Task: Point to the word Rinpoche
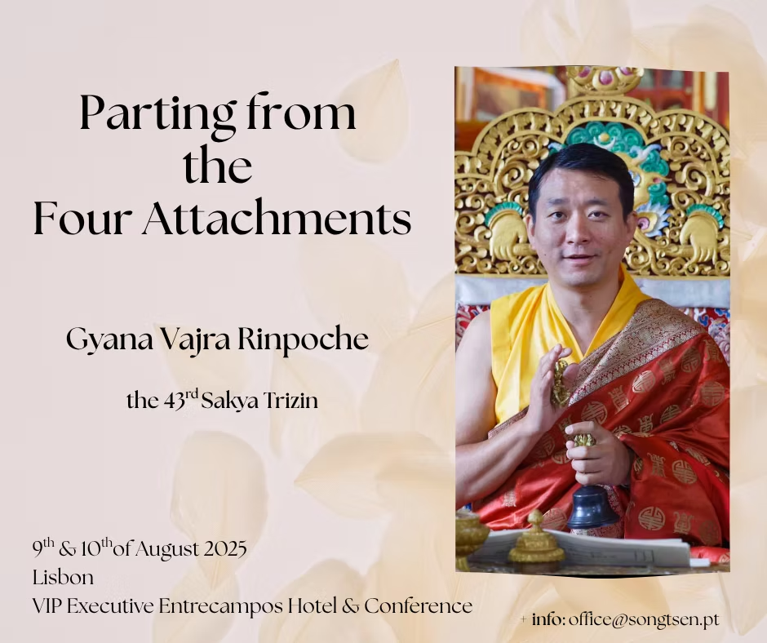pyautogui.click(x=303, y=339)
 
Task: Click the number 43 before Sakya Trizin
pyautogui.click(x=174, y=401)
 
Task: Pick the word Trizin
pyautogui.click(x=291, y=401)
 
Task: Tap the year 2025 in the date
pyautogui.click(x=224, y=549)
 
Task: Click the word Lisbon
pyautogui.click(x=63, y=578)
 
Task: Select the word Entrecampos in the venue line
pyautogui.click(x=220, y=606)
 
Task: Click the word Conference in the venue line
pyautogui.click(x=419, y=605)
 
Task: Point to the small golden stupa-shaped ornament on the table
pyautogui.click(x=535, y=539)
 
